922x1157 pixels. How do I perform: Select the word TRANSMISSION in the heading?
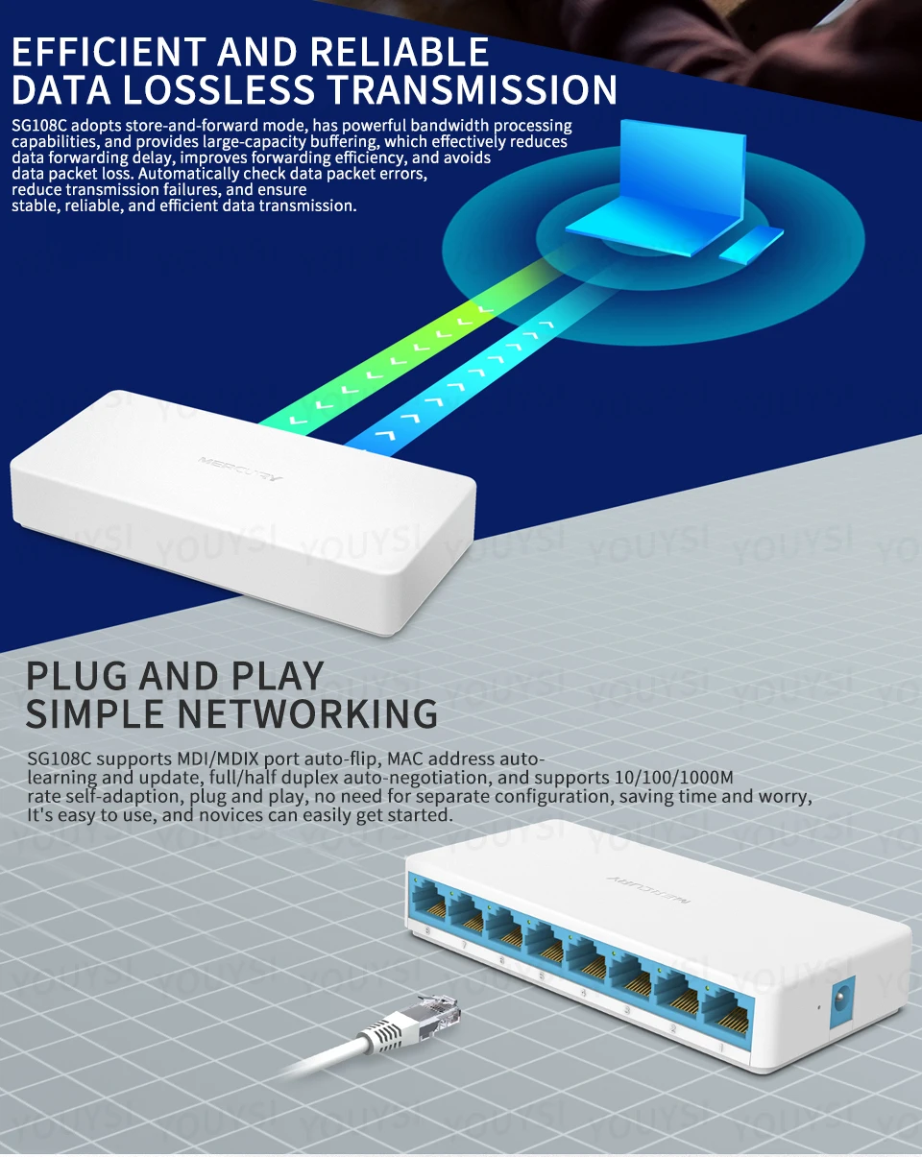[470, 89]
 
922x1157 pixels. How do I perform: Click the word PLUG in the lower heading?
[76, 677]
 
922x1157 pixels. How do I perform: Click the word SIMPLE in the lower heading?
[97, 714]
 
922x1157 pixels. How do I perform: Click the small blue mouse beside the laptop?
[751, 245]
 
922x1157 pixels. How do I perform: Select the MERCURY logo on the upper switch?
[240, 470]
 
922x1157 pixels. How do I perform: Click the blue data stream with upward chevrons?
[451, 384]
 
